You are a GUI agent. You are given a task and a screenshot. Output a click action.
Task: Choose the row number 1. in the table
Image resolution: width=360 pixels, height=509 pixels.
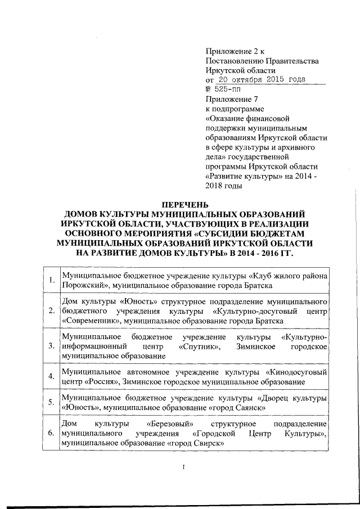point(51,280)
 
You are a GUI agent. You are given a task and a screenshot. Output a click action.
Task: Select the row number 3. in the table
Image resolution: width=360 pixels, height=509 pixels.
point(51,345)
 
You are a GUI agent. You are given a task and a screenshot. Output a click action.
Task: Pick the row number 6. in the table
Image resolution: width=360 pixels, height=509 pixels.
point(51,434)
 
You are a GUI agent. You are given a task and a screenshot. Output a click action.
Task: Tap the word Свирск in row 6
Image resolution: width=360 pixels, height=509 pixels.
point(208,443)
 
